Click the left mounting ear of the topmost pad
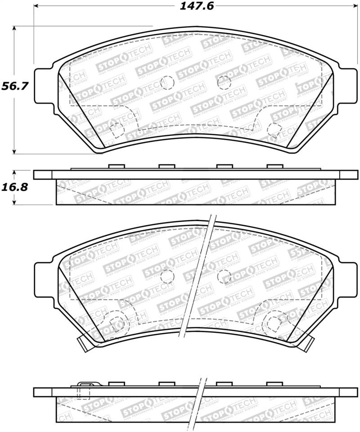pyautogui.click(x=43, y=85)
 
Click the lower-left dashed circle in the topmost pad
pyautogui.click(x=117, y=129)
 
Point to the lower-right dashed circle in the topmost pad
pyautogui.click(x=274, y=129)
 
